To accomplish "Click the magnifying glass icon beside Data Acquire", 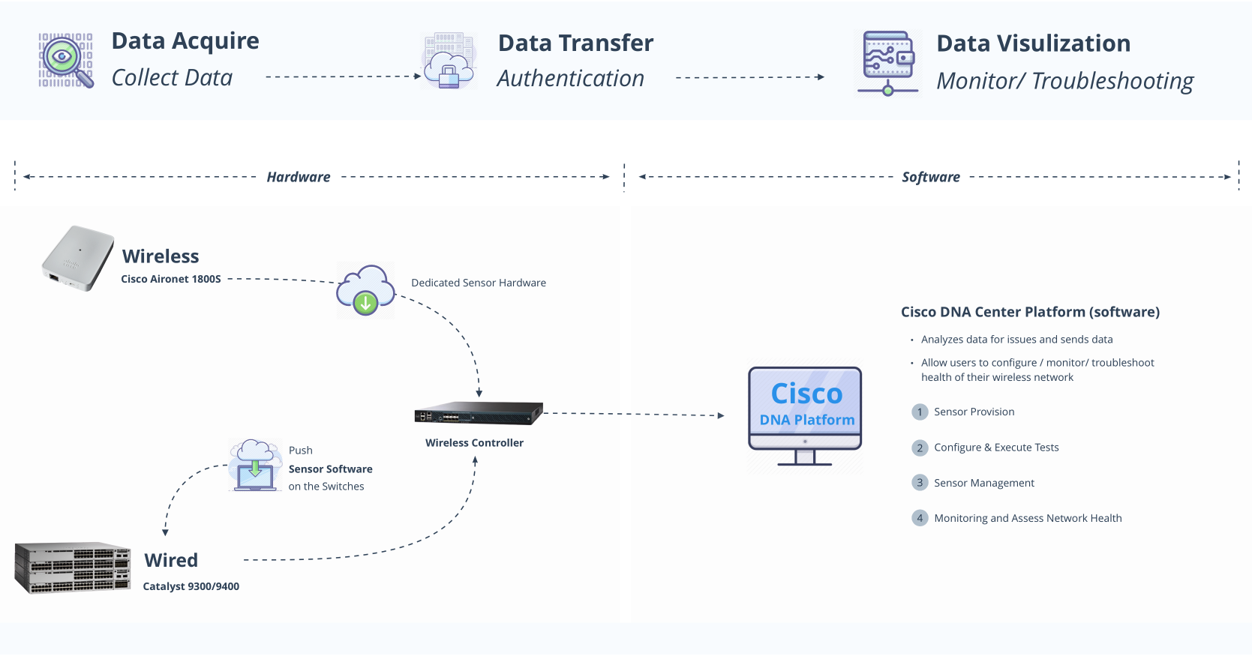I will [x=66, y=60].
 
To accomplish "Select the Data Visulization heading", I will [x=1033, y=43].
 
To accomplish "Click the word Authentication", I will [x=570, y=78].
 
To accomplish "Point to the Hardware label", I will [x=298, y=177].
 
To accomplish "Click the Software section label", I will [x=930, y=177].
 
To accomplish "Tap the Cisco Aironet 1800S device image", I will [x=77, y=258].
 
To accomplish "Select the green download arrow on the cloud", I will [x=365, y=303].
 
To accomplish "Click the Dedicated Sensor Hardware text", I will [x=478, y=283].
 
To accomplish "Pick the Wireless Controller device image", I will [x=478, y=413].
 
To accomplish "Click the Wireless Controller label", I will [x=474, y=442].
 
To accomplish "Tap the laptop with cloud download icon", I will [x=255, y=466].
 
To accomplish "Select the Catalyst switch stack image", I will [x=73, y=568].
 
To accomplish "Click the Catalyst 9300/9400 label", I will [x=191, y=586].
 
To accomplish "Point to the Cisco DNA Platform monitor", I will [x=805, y=415].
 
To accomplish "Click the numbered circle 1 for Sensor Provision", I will [x=920, y=412].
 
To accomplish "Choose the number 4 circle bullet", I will [x=920, y=518].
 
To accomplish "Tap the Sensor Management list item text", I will [x=983, y=483].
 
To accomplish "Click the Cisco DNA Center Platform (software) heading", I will [x=1030, y=312].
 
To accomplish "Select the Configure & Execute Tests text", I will [x=996, y=448].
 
